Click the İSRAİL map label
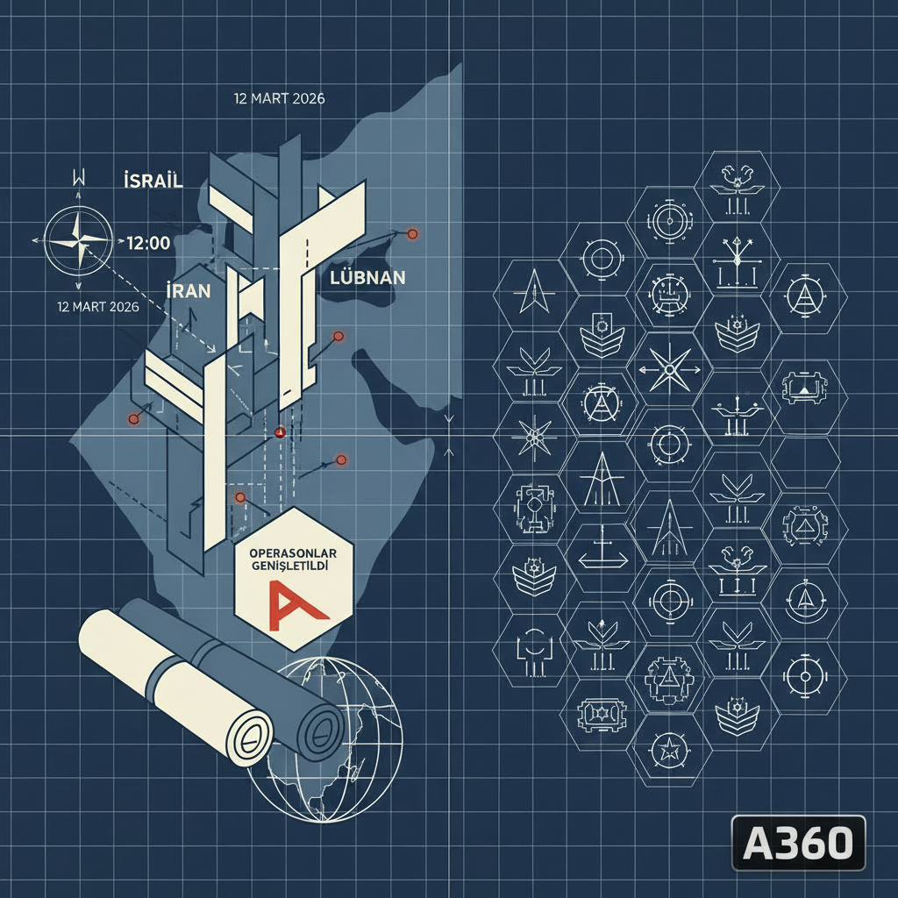point(153,181)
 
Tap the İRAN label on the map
point(189,290)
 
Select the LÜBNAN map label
point(367,278)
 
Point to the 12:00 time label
point(148,243)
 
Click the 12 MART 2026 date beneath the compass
point(98,307)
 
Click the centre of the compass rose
point(78,240)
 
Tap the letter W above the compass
point(79,177)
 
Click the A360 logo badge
point(798,843)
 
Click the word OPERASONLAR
point(293,554)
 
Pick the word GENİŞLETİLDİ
point(290,566)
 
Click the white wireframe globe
point(324,740)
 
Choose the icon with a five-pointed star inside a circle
point(669,749)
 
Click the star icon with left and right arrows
point(669,370)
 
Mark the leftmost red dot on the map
point(133,419)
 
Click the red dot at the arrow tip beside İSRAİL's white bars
point(412,233)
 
